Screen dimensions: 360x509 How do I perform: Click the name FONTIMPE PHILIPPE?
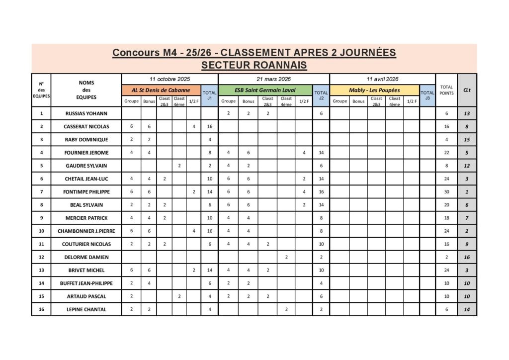(86, 192)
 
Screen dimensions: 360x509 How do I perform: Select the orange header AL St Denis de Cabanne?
(162, 90)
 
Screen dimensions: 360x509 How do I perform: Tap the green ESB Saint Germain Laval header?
(265, 90)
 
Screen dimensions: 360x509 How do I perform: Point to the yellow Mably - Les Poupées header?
(374, 90)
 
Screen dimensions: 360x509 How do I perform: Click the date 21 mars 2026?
(274, 79)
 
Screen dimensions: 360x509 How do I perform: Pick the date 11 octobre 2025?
(170, 79)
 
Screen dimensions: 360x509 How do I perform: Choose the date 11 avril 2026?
(382, 79)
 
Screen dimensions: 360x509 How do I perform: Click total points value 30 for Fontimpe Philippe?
(446, 192)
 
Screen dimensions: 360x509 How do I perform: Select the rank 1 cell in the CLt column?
(467, 192)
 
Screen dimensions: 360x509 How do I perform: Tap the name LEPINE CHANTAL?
(86, 309)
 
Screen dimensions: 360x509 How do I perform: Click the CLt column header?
(467, 90)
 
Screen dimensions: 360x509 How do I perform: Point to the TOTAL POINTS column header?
(446, 90)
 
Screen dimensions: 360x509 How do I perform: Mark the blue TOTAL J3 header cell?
(427, 95)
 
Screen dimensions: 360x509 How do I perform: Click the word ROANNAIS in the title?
(279, 65)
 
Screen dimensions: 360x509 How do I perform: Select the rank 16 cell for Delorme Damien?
(467, 257)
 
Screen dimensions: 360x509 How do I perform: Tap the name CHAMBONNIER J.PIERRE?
(86, 231)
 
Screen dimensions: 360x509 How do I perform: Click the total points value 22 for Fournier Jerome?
(446, 153)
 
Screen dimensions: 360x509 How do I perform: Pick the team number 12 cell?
(41, 257)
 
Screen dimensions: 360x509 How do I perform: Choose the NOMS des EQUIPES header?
(86, 90)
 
